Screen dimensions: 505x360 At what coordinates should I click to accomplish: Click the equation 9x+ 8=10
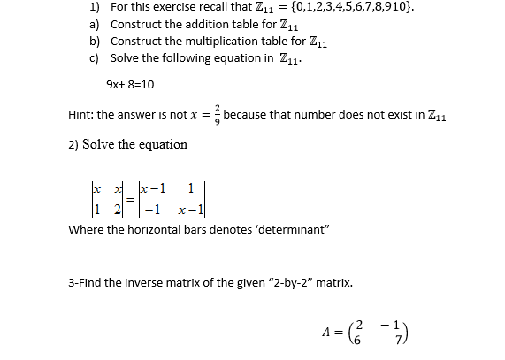coord(130,84)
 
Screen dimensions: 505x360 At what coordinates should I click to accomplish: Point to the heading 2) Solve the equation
coord(128,144)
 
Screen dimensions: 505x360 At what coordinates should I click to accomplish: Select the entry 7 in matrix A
coord(450,341)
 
